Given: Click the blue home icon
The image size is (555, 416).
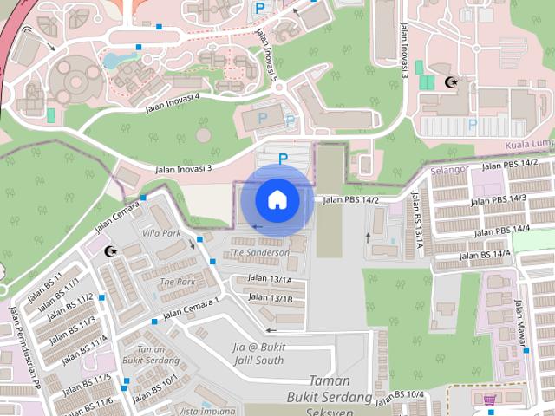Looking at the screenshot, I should [x=277, y=200].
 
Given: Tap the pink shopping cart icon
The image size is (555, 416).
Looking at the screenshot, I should [x=489, y=400].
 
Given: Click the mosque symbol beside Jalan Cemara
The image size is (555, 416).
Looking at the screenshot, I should [x=110, y=251].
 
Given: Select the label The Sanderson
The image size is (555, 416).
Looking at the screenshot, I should [x=259, y=252].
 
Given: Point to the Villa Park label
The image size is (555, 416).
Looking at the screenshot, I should [x=161, y=233].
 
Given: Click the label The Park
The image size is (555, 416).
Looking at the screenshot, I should [x=178, y=282].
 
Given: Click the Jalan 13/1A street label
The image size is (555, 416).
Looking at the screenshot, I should [x=270, y=279].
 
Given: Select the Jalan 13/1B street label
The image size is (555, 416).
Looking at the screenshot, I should [x=270, y=298].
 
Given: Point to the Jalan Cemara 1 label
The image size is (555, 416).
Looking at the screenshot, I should [x=191, y=307].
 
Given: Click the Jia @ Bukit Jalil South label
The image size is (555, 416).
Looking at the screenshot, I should [x=258, y=354].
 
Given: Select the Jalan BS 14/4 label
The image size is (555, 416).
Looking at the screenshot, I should [x=484, y=255].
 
